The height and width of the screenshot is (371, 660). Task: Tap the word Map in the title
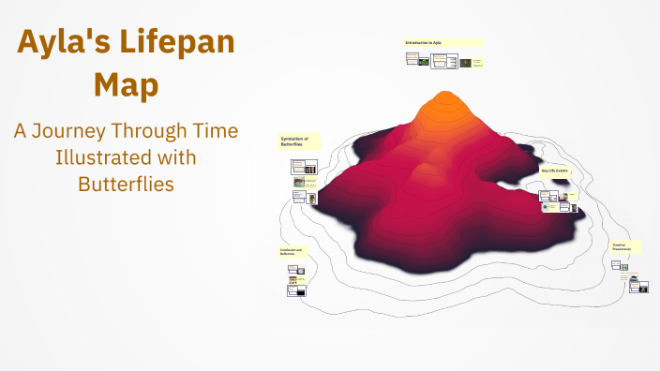(x=126, y=85)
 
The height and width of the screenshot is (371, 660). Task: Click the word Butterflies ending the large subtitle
(x=126, y=184)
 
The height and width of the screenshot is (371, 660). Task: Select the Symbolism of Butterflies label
(x=299, y=141)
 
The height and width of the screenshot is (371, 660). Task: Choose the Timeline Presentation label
(x=625, y=246)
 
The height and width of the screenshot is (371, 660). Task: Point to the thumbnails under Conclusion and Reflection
(x=295, y=283)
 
